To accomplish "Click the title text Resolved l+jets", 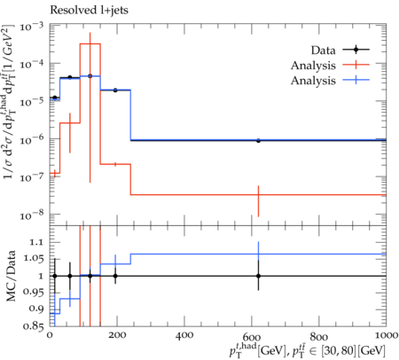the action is coord(89,10).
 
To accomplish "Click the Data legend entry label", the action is coord(323,51).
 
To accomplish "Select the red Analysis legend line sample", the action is coord(356,65).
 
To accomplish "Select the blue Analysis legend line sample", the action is coord(356,80).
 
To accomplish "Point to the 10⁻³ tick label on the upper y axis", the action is coord(32,27).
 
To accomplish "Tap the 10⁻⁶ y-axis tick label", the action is coord(32,139).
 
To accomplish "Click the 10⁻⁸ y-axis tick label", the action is coord(32,215).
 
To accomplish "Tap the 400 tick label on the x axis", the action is coord(184,335).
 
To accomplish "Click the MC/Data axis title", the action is coord(12,276).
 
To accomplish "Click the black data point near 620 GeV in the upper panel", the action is coord(258,141).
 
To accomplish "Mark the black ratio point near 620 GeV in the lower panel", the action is coord(258,276).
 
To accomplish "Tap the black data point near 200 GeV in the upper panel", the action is coord(115,90).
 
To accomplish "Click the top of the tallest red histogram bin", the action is coord(90,43).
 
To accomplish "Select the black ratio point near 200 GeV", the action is coord(115,276).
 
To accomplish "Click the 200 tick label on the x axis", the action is coord(117,335).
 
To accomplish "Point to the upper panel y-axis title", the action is coord(9,102).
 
